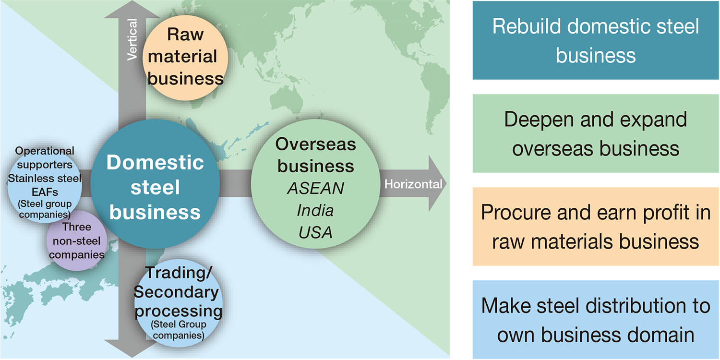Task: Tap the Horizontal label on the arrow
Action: click(x=413, y=184)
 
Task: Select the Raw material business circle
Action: click(x=185, y=58)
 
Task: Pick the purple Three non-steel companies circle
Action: click(x=76, y=240)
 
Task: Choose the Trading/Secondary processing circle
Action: click(x=178, y=302)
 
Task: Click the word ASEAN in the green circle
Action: click(x=315, y=188)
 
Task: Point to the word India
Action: click(x=315, y=211)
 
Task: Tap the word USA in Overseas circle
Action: click(x=315, y=233)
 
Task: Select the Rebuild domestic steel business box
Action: click(x=595, y=40)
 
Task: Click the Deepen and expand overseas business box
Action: click(x=595, y=133)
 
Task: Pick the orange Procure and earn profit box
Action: click(x=595, y=227)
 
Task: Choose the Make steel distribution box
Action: click(x=595, y=320)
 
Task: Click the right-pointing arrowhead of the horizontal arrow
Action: click(x=437, y=184)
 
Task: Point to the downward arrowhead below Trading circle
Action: click(x=126, y=348)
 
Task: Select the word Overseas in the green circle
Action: click(x=316, y=144)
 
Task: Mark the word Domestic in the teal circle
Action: click(x=155, y=163)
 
